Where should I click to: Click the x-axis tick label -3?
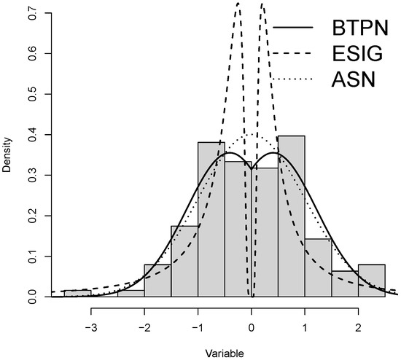click(90, 327)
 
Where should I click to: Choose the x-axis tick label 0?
click(252, 327)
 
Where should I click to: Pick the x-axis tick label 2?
click(358, 327)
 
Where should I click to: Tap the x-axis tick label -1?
click(197, 327)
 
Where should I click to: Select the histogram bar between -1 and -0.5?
click(211, 219)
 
